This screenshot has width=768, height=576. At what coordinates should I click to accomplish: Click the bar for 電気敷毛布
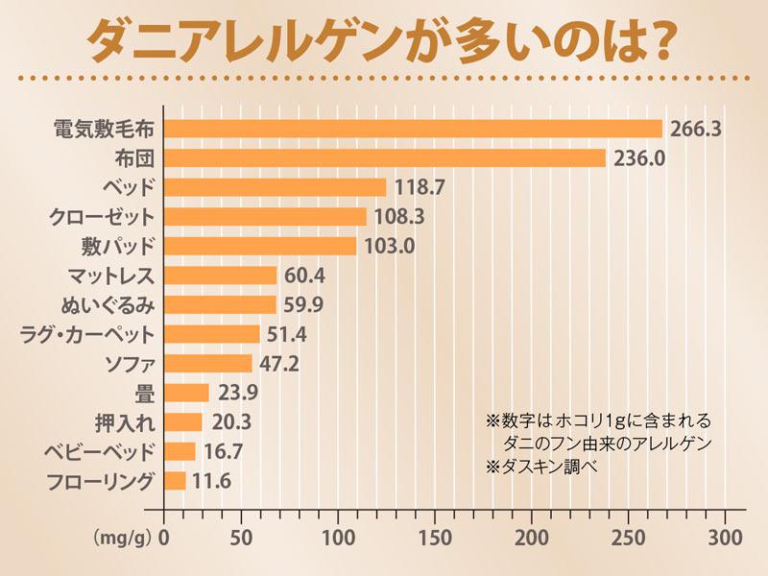coord(413,129)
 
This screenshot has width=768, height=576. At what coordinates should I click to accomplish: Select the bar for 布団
coord(384,157)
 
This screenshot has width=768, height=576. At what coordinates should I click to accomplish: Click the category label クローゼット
coord(102,216)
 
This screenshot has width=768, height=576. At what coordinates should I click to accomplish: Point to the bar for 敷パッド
coord(260,246)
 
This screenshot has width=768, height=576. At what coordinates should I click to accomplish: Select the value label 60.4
coord(306,276)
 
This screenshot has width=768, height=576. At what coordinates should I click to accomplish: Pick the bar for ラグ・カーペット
coord(212,334)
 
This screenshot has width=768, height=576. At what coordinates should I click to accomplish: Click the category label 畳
coord(146,393)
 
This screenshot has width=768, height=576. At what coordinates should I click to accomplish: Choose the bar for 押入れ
coord(183,422)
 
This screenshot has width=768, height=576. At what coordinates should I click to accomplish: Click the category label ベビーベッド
coord(100,452)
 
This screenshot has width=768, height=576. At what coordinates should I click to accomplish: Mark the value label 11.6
coord(212,481)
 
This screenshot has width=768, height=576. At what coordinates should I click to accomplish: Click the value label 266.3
coord(696,129)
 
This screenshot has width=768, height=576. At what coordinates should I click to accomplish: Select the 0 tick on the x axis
coord(165,535)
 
